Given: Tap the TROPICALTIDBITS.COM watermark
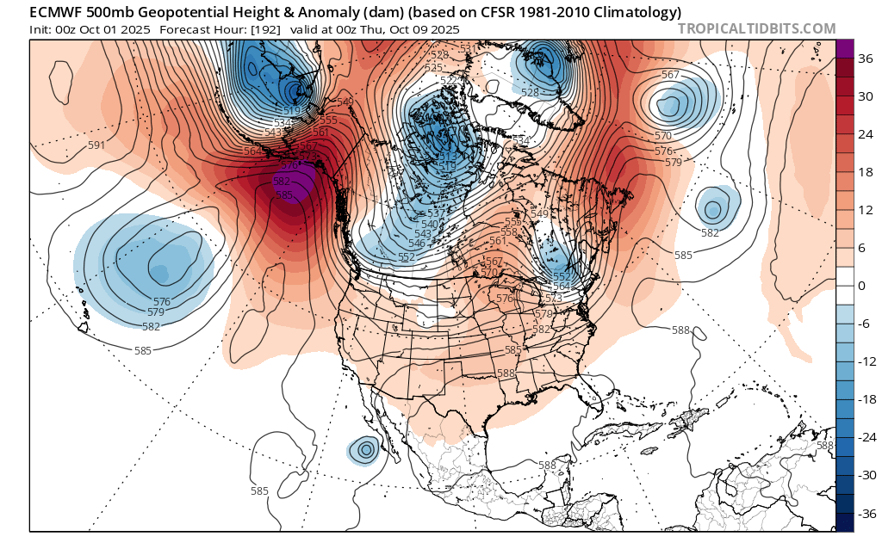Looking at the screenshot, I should click(x=756, y=28).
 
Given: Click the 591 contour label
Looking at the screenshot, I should click(x=96, y=145).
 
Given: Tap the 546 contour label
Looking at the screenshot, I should click(x=417, y=244).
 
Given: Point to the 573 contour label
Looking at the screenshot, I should click(x=553, y=298).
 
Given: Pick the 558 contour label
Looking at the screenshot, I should click(x=509, y=232).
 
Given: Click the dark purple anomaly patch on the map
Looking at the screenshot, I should click(x=297, y=182).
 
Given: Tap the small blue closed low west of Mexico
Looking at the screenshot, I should click(x=365, y=448).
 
